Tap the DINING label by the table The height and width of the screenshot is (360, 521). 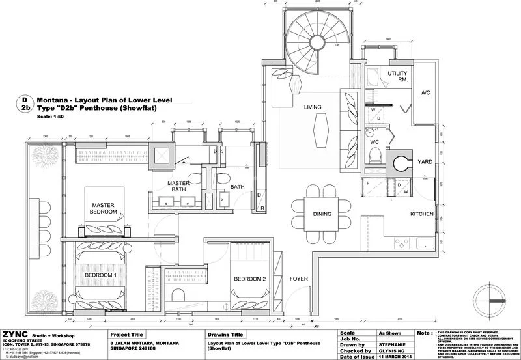click(x=322, y=214)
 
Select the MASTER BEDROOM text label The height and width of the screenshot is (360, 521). click(x=103, y=209)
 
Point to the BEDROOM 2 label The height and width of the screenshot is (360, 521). click(x=250, y=279)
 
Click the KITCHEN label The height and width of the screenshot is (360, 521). click(x=421, y=214)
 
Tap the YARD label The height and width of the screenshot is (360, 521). click(x=424, y=162)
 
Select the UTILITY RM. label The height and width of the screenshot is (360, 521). click(x=397, y=77)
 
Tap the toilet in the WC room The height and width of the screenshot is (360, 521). click(x=374, y=154)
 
